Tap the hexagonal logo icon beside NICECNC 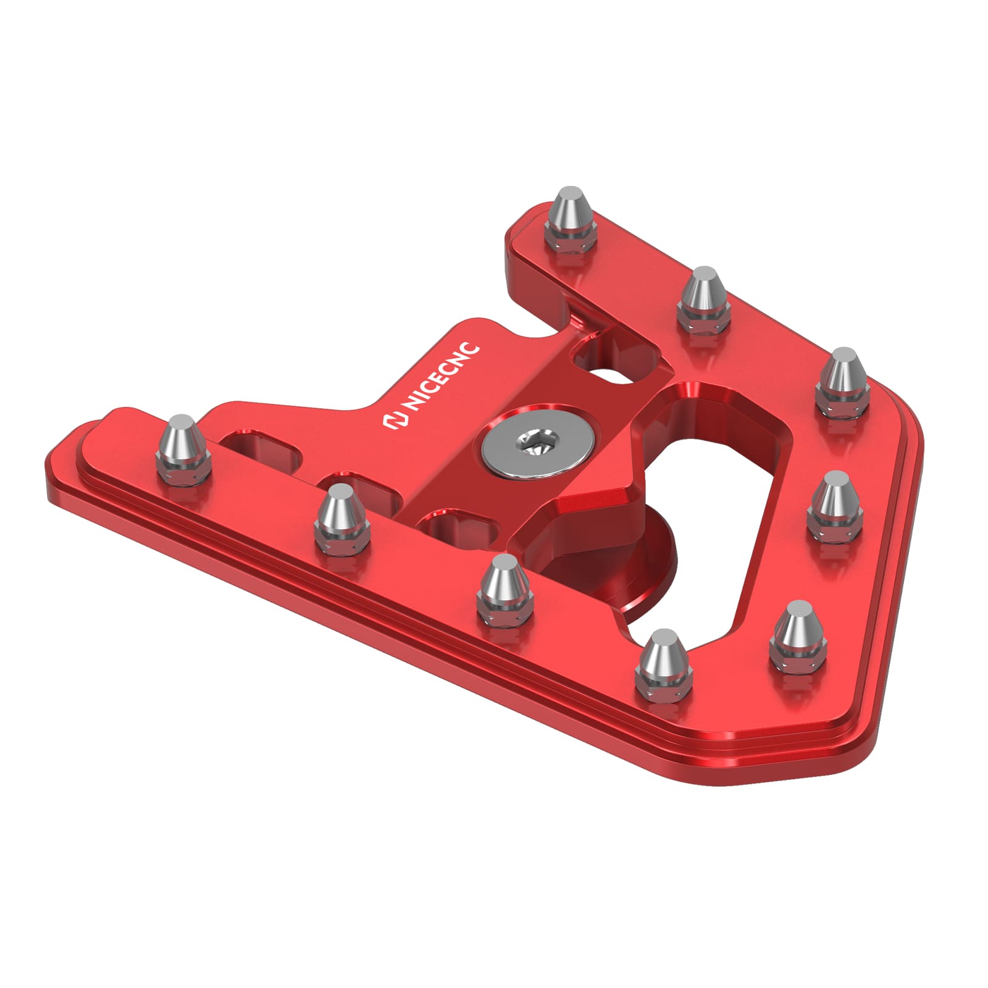point(394,421)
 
